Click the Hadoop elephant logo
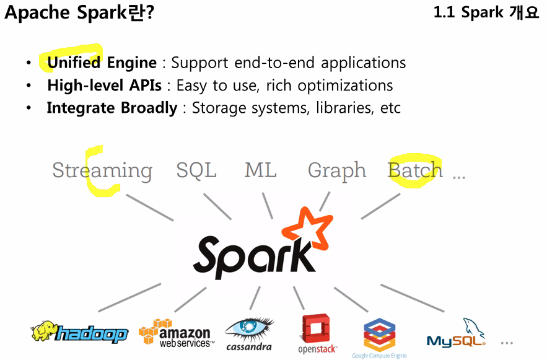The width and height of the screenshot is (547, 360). (79, 333)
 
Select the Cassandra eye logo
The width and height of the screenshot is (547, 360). (250, 333)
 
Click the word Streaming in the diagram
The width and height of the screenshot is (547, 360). (102, 170)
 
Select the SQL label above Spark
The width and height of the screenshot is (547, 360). (196, 170)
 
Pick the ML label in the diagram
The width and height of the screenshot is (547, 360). (260, 170)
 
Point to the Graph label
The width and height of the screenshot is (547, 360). (336, 171)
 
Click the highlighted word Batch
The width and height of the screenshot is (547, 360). (414, 170)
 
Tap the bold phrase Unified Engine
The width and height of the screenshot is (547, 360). (102, 63)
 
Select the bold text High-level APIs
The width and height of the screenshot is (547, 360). (104, 86)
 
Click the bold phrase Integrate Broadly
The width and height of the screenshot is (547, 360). (112, 108)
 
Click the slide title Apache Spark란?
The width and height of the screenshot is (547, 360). (79, 13)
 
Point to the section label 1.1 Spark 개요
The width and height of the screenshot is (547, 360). (486, 13)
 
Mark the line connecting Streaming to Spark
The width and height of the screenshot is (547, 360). (149, 208)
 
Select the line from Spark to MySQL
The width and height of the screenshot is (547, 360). (411, 298)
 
